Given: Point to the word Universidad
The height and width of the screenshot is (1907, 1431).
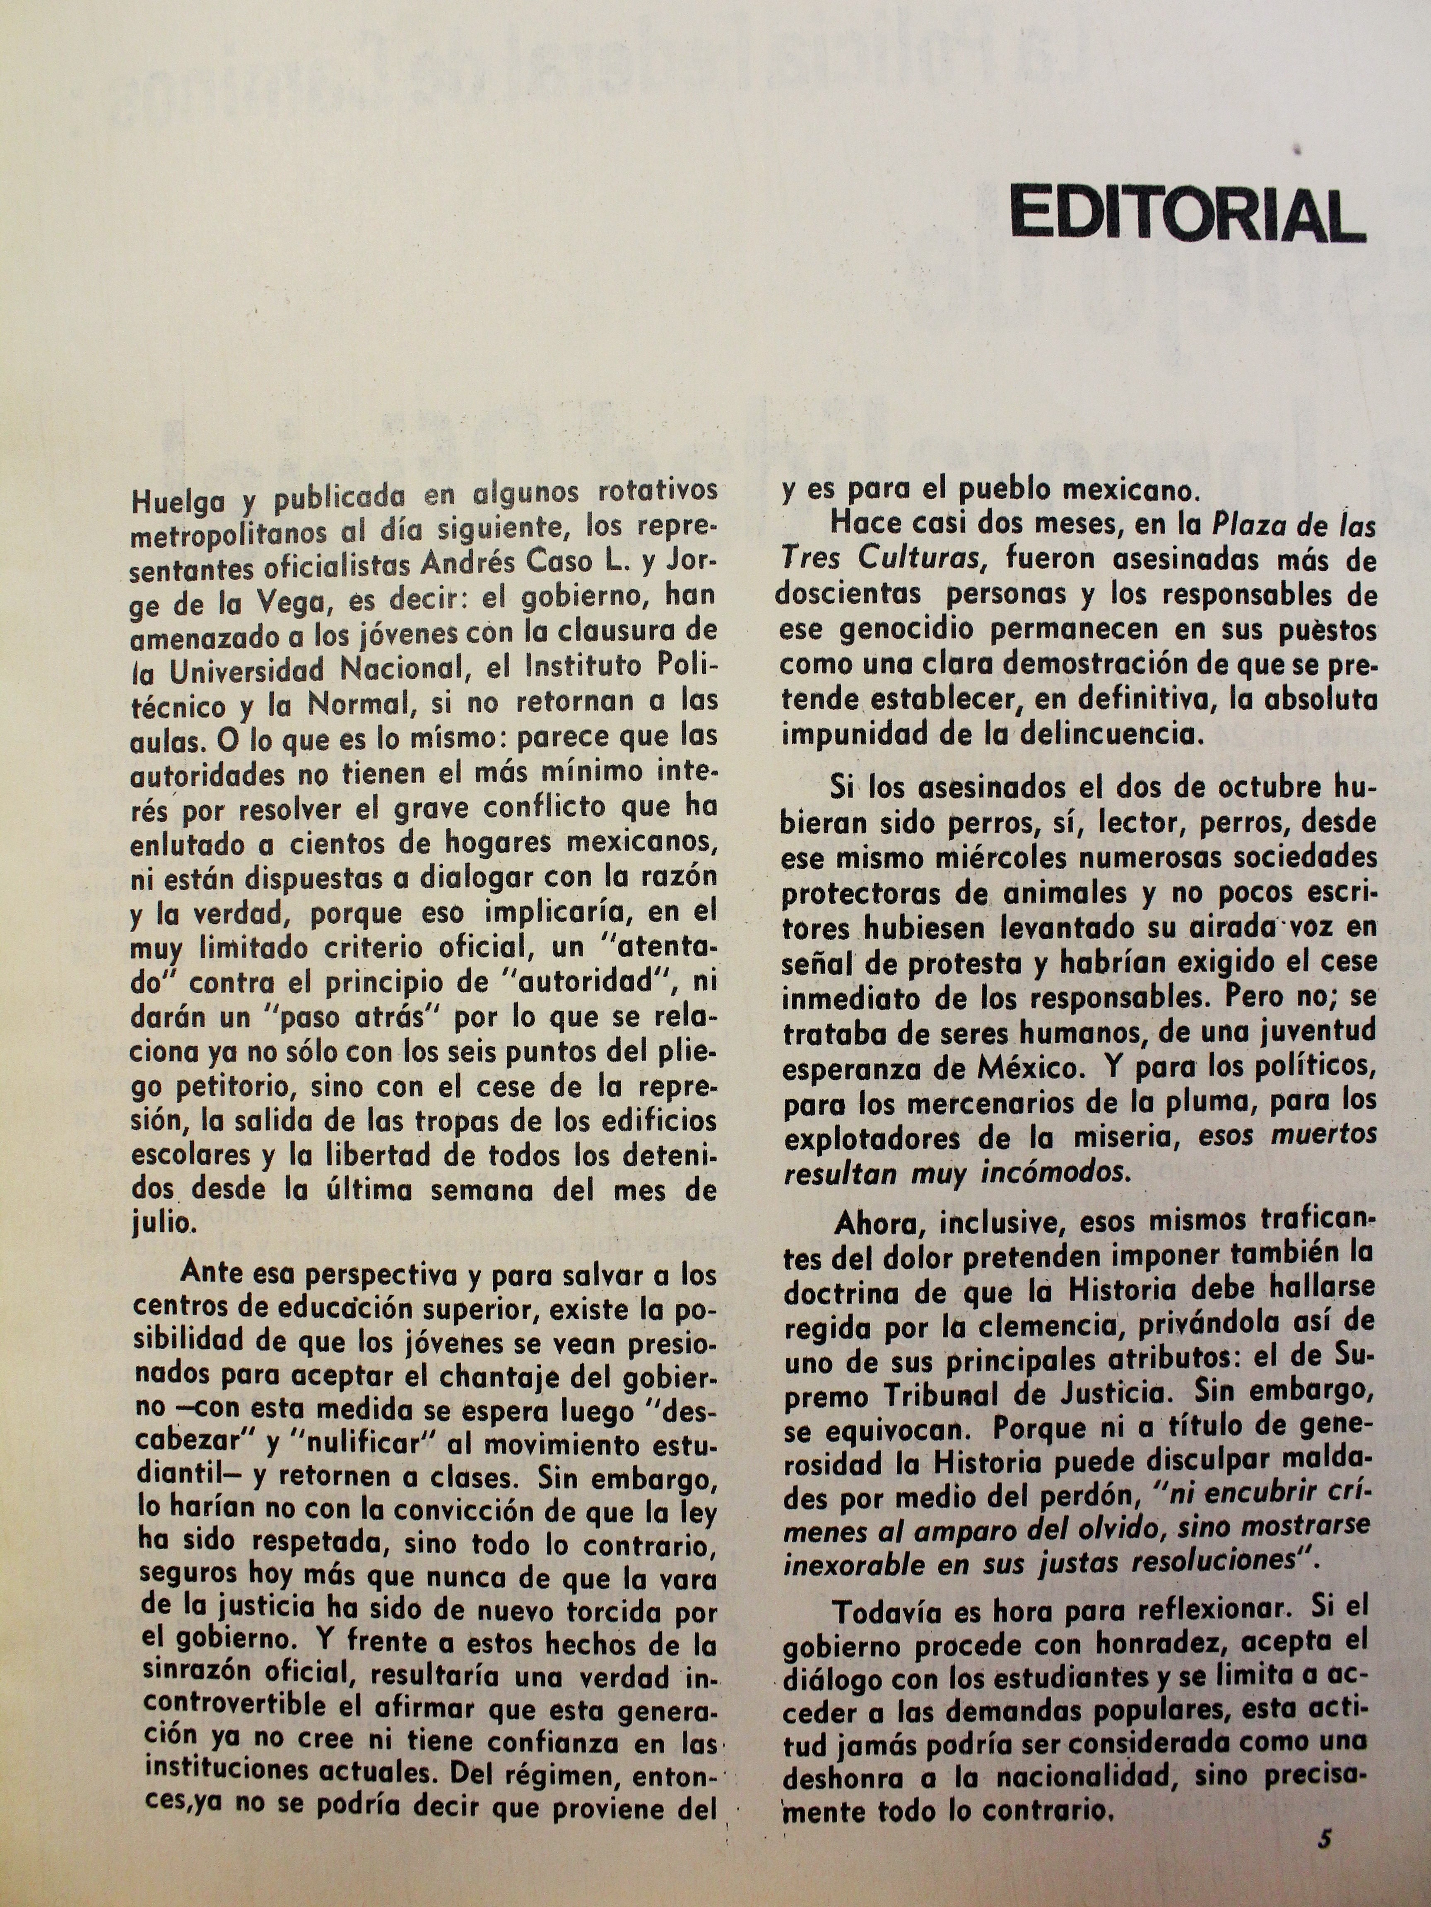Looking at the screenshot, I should click(246, 670).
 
